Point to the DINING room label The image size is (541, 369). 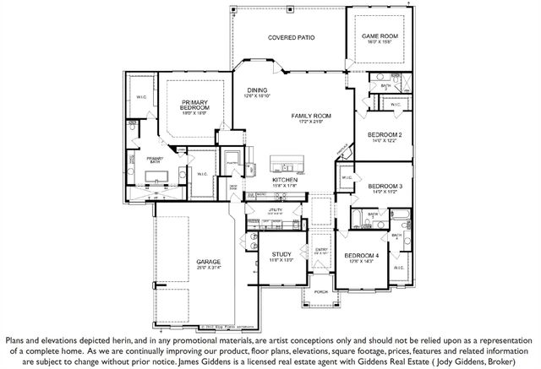coord(257,91)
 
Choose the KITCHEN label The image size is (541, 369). coord(283,181)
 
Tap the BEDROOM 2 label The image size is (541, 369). coord(384,135)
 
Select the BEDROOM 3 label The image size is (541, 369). coord(385,186)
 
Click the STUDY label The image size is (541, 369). coord(281,254)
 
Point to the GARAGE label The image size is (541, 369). coord(209,262)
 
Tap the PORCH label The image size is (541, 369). coord(321,291)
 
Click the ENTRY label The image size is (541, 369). coord(321,249)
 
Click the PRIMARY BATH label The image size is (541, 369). coord(154,159)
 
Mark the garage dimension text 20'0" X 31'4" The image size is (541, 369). coord(209,269)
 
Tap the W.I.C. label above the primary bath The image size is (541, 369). coord(142,97)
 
